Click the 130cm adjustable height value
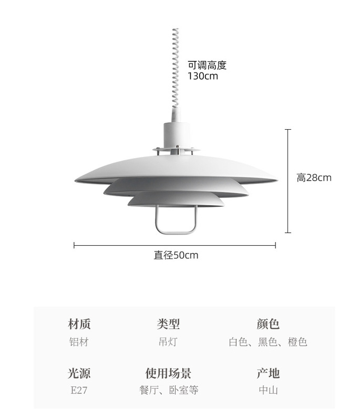coord(203,76)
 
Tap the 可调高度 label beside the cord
coord(207,65)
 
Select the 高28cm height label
coord(314,177)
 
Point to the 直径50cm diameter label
coord(176,256)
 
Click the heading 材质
coord(79,324)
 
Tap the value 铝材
coord(79,342)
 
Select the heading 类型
coord(168,324)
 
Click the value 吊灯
coord(168,342)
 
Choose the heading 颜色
coord(268,324)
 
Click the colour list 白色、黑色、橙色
coord(268,342)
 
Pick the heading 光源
coord(79,373)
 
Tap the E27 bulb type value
coord(79,390)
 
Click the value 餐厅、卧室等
coord(169,390)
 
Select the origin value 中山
coord(268,390)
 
